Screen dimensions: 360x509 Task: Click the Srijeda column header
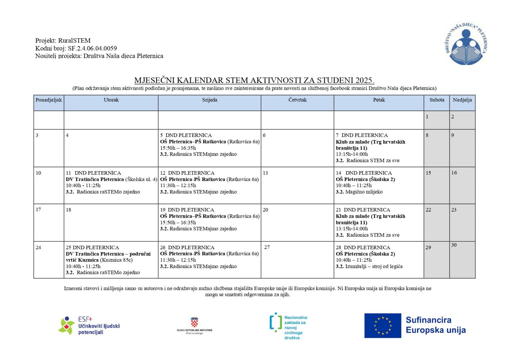coord(209,100)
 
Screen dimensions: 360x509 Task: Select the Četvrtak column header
coord(297,100)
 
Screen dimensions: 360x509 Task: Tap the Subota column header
coord(437,100)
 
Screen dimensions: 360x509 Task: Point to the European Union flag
coord(382,326)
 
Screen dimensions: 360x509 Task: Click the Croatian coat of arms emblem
coord(194,322)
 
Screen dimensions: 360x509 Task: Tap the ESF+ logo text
coord(85,319)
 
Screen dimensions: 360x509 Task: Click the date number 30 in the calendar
coord(454,245)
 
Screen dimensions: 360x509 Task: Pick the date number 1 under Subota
coord(427,117)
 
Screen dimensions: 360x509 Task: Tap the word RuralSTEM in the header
coord(74,41)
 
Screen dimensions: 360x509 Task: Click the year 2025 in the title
coord(364,80)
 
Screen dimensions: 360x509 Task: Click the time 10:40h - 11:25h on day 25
coord(83,266)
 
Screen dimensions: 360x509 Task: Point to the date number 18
coord(68,210)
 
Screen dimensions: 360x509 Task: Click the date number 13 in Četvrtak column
coord(265,173)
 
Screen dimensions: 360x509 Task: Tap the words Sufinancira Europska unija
coord(435,325)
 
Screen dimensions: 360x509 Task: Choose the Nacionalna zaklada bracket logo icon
coord(275,322)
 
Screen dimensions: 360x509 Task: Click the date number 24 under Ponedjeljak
coord(38,248)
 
